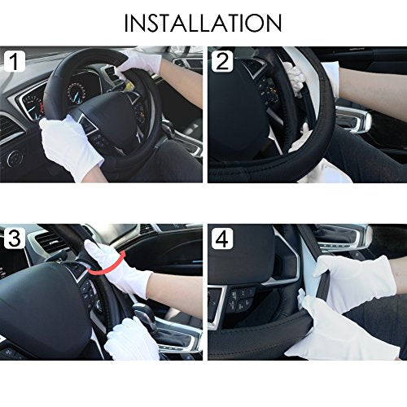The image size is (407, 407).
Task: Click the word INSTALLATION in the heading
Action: click(203, 23)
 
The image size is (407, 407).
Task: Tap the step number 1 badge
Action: click(15, 61)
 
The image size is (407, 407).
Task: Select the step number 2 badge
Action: click(222, 61)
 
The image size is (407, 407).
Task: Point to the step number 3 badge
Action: click(15, 239)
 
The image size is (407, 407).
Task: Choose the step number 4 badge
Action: click(222, 239)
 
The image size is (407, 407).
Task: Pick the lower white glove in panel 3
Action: click(132, 340)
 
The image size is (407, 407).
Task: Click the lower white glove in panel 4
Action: click(339, 331)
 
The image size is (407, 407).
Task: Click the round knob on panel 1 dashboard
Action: click(14, 160)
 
